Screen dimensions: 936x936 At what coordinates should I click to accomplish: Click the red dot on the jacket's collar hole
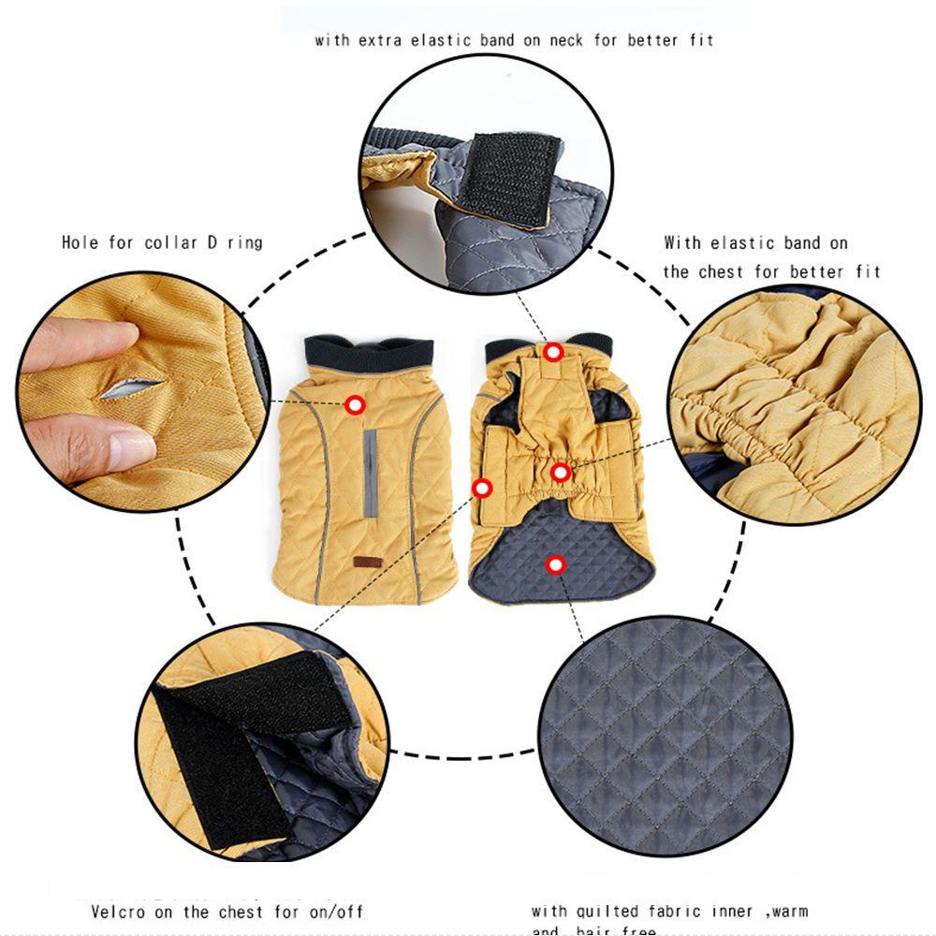355,405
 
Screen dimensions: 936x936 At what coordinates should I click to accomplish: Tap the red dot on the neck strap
553,353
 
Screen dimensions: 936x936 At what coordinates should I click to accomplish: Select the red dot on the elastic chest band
560,473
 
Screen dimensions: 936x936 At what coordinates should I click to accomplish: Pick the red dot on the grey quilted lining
556,564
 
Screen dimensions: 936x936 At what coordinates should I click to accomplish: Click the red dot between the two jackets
483,488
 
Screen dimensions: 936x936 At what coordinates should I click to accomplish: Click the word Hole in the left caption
80,242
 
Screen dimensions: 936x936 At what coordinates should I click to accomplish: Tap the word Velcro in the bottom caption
119,911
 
